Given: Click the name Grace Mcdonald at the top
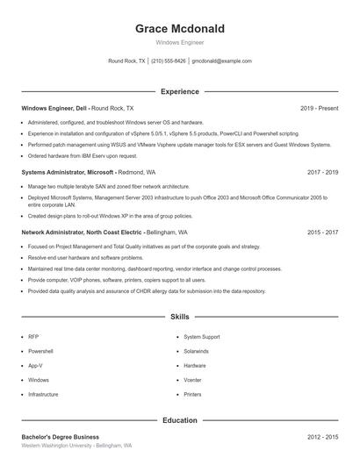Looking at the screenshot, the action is point(179,29).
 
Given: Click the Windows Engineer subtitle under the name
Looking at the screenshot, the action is point(179,42).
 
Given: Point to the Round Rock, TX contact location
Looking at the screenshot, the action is point(126,61).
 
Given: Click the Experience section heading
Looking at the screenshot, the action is point(179,91).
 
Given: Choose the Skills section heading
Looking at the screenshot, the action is point(179,316).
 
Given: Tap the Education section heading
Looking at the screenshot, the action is point(179,420).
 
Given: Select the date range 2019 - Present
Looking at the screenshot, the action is point(319,108).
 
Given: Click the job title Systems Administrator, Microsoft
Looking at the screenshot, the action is point(68,173).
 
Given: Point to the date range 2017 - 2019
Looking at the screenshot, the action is point(322,173).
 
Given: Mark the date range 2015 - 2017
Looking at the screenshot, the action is point(322,232).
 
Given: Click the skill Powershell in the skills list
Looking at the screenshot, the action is point(41,351).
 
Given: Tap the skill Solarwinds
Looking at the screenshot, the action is point(197,351).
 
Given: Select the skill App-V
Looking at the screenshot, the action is point(35,365).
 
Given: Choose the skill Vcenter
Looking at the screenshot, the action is point(193,380).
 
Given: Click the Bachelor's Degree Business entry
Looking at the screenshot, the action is point(60,436).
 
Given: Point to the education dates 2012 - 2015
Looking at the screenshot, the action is point(322,436).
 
